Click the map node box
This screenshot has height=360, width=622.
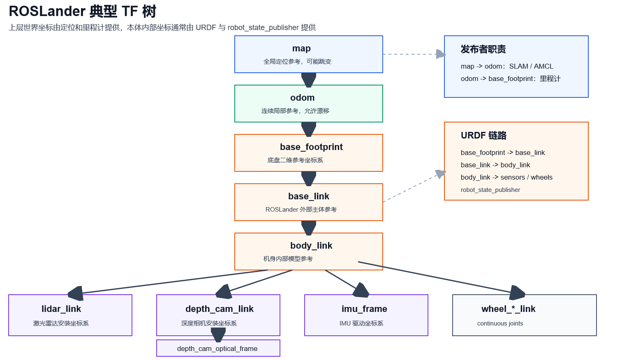click(x=308, y=54)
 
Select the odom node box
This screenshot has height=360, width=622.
click(x=308, y=104)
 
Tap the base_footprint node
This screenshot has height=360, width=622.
click(x=308, y=153)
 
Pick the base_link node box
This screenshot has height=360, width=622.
click(x=308, y=202)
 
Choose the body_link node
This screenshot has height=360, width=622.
click(x=308, y=252)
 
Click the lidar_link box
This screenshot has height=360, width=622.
click(x=70, y=315)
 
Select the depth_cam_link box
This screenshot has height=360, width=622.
click(x=218, y=315)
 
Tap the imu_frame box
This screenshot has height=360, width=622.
click(x=366, y=315)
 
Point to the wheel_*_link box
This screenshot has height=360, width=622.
click(x=525, y=315)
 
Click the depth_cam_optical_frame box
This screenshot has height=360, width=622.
click(x=218, y=348)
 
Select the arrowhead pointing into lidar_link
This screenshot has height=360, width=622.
click(x=75, y=293)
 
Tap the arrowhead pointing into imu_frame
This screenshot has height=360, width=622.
click(x=361, y=290)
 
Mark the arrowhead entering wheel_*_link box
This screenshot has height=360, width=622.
click(x=517, y=293)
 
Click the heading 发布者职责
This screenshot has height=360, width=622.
click(x=483, y=49)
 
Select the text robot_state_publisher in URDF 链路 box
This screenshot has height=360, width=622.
click(x=490, y=190)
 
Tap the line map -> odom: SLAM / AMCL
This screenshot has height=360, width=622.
click(x=507, y=66)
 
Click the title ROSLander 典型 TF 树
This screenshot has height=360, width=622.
click(x=83, y=12)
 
